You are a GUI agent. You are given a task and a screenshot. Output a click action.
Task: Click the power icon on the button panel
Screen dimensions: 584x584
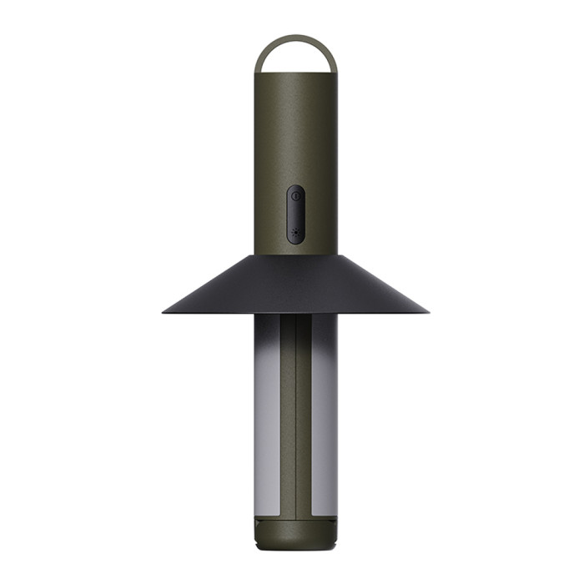(295, 195)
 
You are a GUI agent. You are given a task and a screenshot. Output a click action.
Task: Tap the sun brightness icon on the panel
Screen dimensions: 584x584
(295, 233)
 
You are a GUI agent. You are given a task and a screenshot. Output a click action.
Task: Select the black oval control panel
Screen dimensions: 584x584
(295, 214)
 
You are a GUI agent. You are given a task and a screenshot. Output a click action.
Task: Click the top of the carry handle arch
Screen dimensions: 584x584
(295, 37)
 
